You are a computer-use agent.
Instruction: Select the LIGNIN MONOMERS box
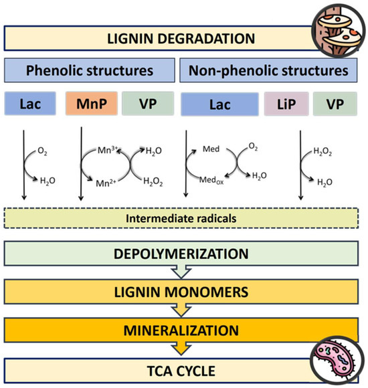pos(184,292)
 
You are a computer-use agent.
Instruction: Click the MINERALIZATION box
pos(184,329)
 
